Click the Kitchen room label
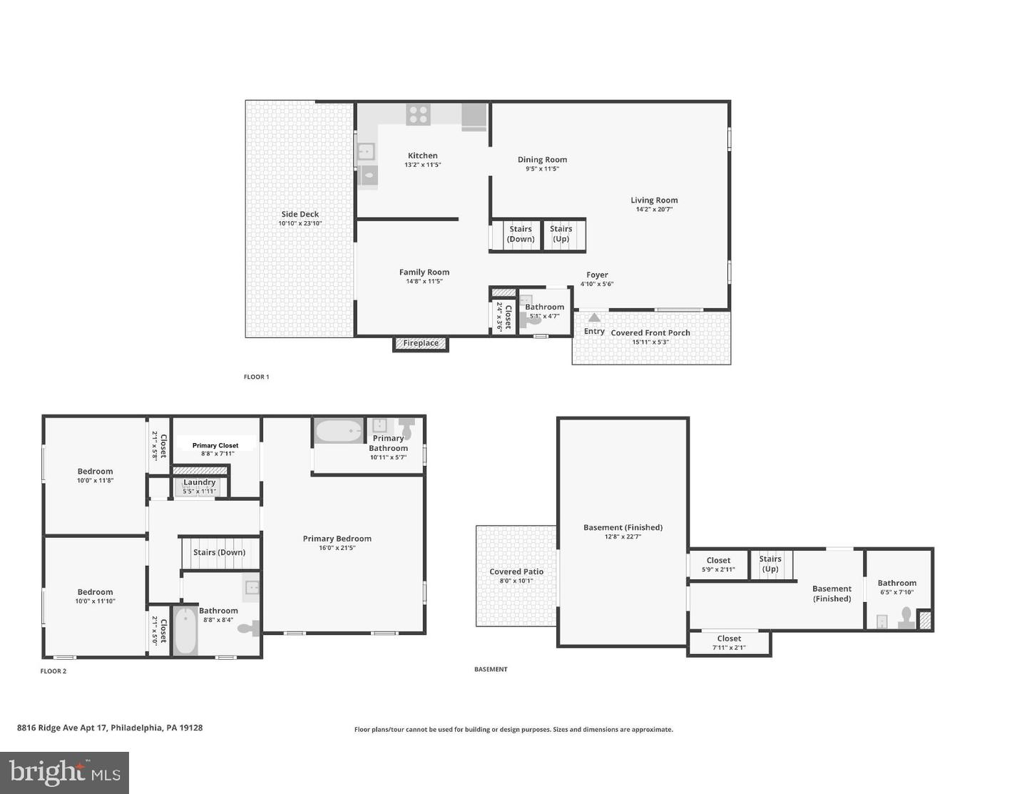[422, 156]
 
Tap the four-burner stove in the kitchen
[418, 114]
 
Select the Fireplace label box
[420, 343]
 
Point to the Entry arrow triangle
[594, 317]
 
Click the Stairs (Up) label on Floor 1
[561, 233]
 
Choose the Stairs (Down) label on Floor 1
[521, 234]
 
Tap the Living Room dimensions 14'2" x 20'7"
[654, 209]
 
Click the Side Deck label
[300, 214]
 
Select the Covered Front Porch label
[650, 332]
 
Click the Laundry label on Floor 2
[200, 482]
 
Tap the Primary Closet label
[215, 445]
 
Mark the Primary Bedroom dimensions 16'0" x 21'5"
[337, 548]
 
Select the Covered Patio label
[516, 571]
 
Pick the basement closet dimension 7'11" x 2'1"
[729, 648]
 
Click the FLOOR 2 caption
[53, 671]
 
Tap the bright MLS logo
[64, 773]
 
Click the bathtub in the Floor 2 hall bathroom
[185, 631]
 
